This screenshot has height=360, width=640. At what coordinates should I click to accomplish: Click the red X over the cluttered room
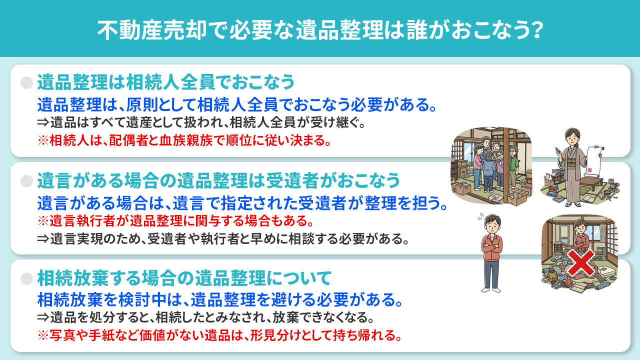pyautogui.click(x=580, y=263)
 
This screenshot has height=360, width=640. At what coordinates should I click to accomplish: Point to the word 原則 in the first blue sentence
pyautogui.click(x=141, y=105)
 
